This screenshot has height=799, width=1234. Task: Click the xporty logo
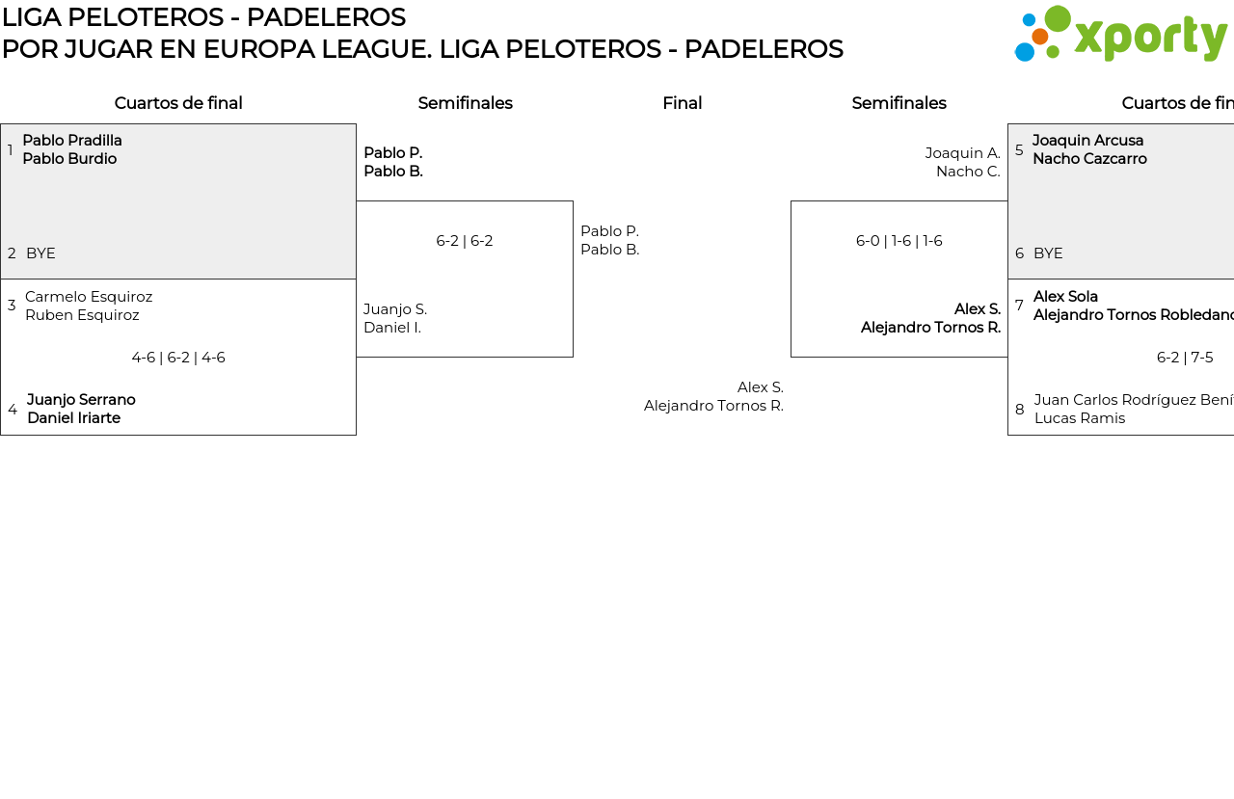click(x=1120, y=34)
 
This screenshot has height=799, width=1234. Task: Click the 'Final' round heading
click(x=682, y=103)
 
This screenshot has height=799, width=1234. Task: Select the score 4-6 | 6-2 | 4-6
click(x=178, y=358)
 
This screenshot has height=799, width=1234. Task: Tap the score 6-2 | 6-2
click(x=465, y=241)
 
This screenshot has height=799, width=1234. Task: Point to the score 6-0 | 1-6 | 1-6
click(x=899, y=241)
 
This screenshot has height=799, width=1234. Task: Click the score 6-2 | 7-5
click(x=1185, y=358)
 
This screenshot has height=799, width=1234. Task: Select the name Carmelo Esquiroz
click(x=89, y=297)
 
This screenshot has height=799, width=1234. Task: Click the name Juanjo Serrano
click(x=81, y=400)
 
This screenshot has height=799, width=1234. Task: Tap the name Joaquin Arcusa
click(x=1087, y=141)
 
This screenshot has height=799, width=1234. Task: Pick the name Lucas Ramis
click(x=1080, y=418)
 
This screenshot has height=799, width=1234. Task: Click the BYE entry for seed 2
click(x=40, y=253)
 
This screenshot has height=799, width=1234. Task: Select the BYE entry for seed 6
click(x=1048, y=253)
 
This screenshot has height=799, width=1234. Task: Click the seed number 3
click(x=12, y=306)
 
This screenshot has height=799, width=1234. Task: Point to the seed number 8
click(x=1019, y=410)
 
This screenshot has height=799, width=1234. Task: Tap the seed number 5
click(x=1019, y=150)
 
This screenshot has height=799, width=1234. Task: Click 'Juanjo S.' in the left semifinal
click(x=395, y=309)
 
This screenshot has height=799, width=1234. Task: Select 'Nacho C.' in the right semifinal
click(x=968, y=172)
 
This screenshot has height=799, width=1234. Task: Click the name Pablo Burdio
click(x=69, y=159)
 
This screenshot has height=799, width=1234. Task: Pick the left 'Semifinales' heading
click(x=465, y=103)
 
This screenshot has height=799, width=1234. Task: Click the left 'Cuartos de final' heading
click(x=178, y=103)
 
